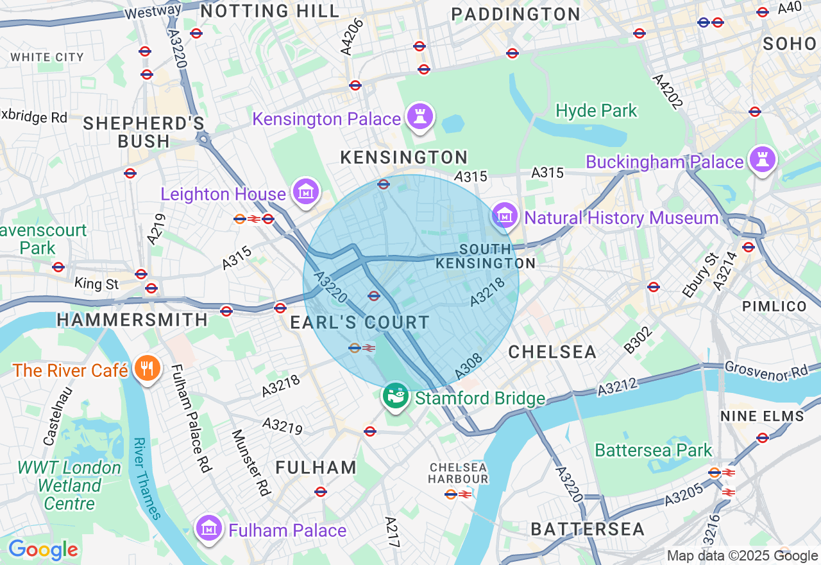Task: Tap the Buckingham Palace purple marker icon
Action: click(x=762, y=160)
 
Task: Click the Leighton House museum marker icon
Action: click(x=306, y=192)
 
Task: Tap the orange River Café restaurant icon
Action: click(x=148, y=369)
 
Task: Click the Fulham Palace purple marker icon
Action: click(x=208, y=529)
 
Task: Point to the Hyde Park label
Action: click(x=597, y=111)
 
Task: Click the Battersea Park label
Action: click(x=653, y=450)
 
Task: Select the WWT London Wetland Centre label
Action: click(x=69, y=485)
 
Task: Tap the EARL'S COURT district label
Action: click(x=360, y=323)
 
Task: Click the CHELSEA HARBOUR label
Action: click(x=459, y=473)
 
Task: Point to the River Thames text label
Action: click(x=146, y=478)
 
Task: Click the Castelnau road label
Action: click(x=58, y=415)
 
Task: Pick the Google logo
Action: click(x=43, y=550)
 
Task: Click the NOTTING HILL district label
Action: click(x=270, y=11)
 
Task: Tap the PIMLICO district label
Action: click(x=774, y=306)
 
